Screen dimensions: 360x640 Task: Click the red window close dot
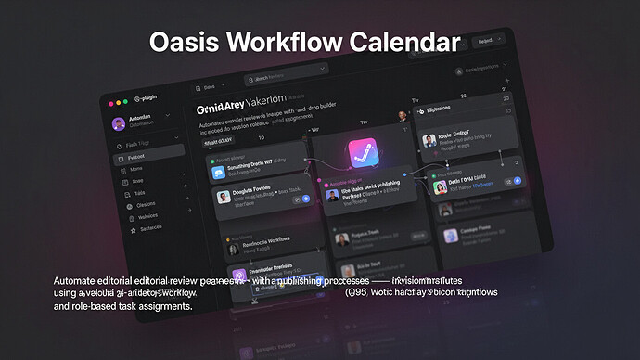pyautogui.click(x=112, y=100)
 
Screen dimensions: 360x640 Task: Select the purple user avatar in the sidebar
pyautogui.click(x=119, y=123)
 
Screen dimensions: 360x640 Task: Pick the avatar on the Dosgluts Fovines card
pyautogui.click(x=224, y=197)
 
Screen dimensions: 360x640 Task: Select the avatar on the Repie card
pyautogui.click(x=429, y=141)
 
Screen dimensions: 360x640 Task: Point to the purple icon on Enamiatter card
pyautogui.click(x=238, y=276)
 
